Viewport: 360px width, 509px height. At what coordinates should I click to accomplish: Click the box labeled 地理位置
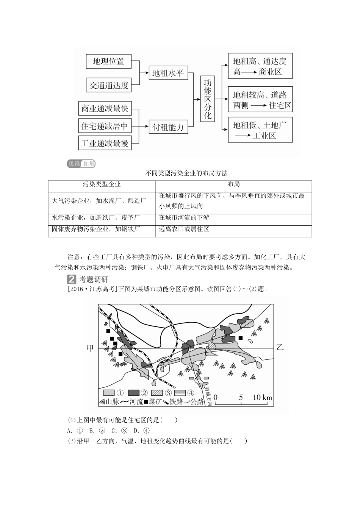(109, 61)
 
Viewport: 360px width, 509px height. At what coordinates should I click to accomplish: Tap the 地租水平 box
(168, 73)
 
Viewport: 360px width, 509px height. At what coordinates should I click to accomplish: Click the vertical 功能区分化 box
(208, 99)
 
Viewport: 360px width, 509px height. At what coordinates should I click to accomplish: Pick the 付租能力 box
(168, 127)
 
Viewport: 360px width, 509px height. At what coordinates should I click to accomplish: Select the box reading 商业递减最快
(105, 109)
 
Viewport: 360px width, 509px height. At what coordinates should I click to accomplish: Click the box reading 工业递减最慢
(105, 143)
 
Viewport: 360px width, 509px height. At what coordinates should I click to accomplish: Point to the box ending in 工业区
(260, 130)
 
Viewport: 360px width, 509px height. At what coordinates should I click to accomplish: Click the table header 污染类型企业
(102, 184)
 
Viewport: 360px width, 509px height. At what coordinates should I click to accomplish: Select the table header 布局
(233, 184)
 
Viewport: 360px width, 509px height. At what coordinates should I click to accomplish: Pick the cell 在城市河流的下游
(184, 218)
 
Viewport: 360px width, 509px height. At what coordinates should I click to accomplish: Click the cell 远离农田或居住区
(184, 229)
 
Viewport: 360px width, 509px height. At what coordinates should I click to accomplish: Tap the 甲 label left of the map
(90, 347)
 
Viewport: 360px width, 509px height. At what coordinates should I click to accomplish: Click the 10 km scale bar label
(263, 397)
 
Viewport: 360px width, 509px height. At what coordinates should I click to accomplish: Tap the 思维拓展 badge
(81, 164)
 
